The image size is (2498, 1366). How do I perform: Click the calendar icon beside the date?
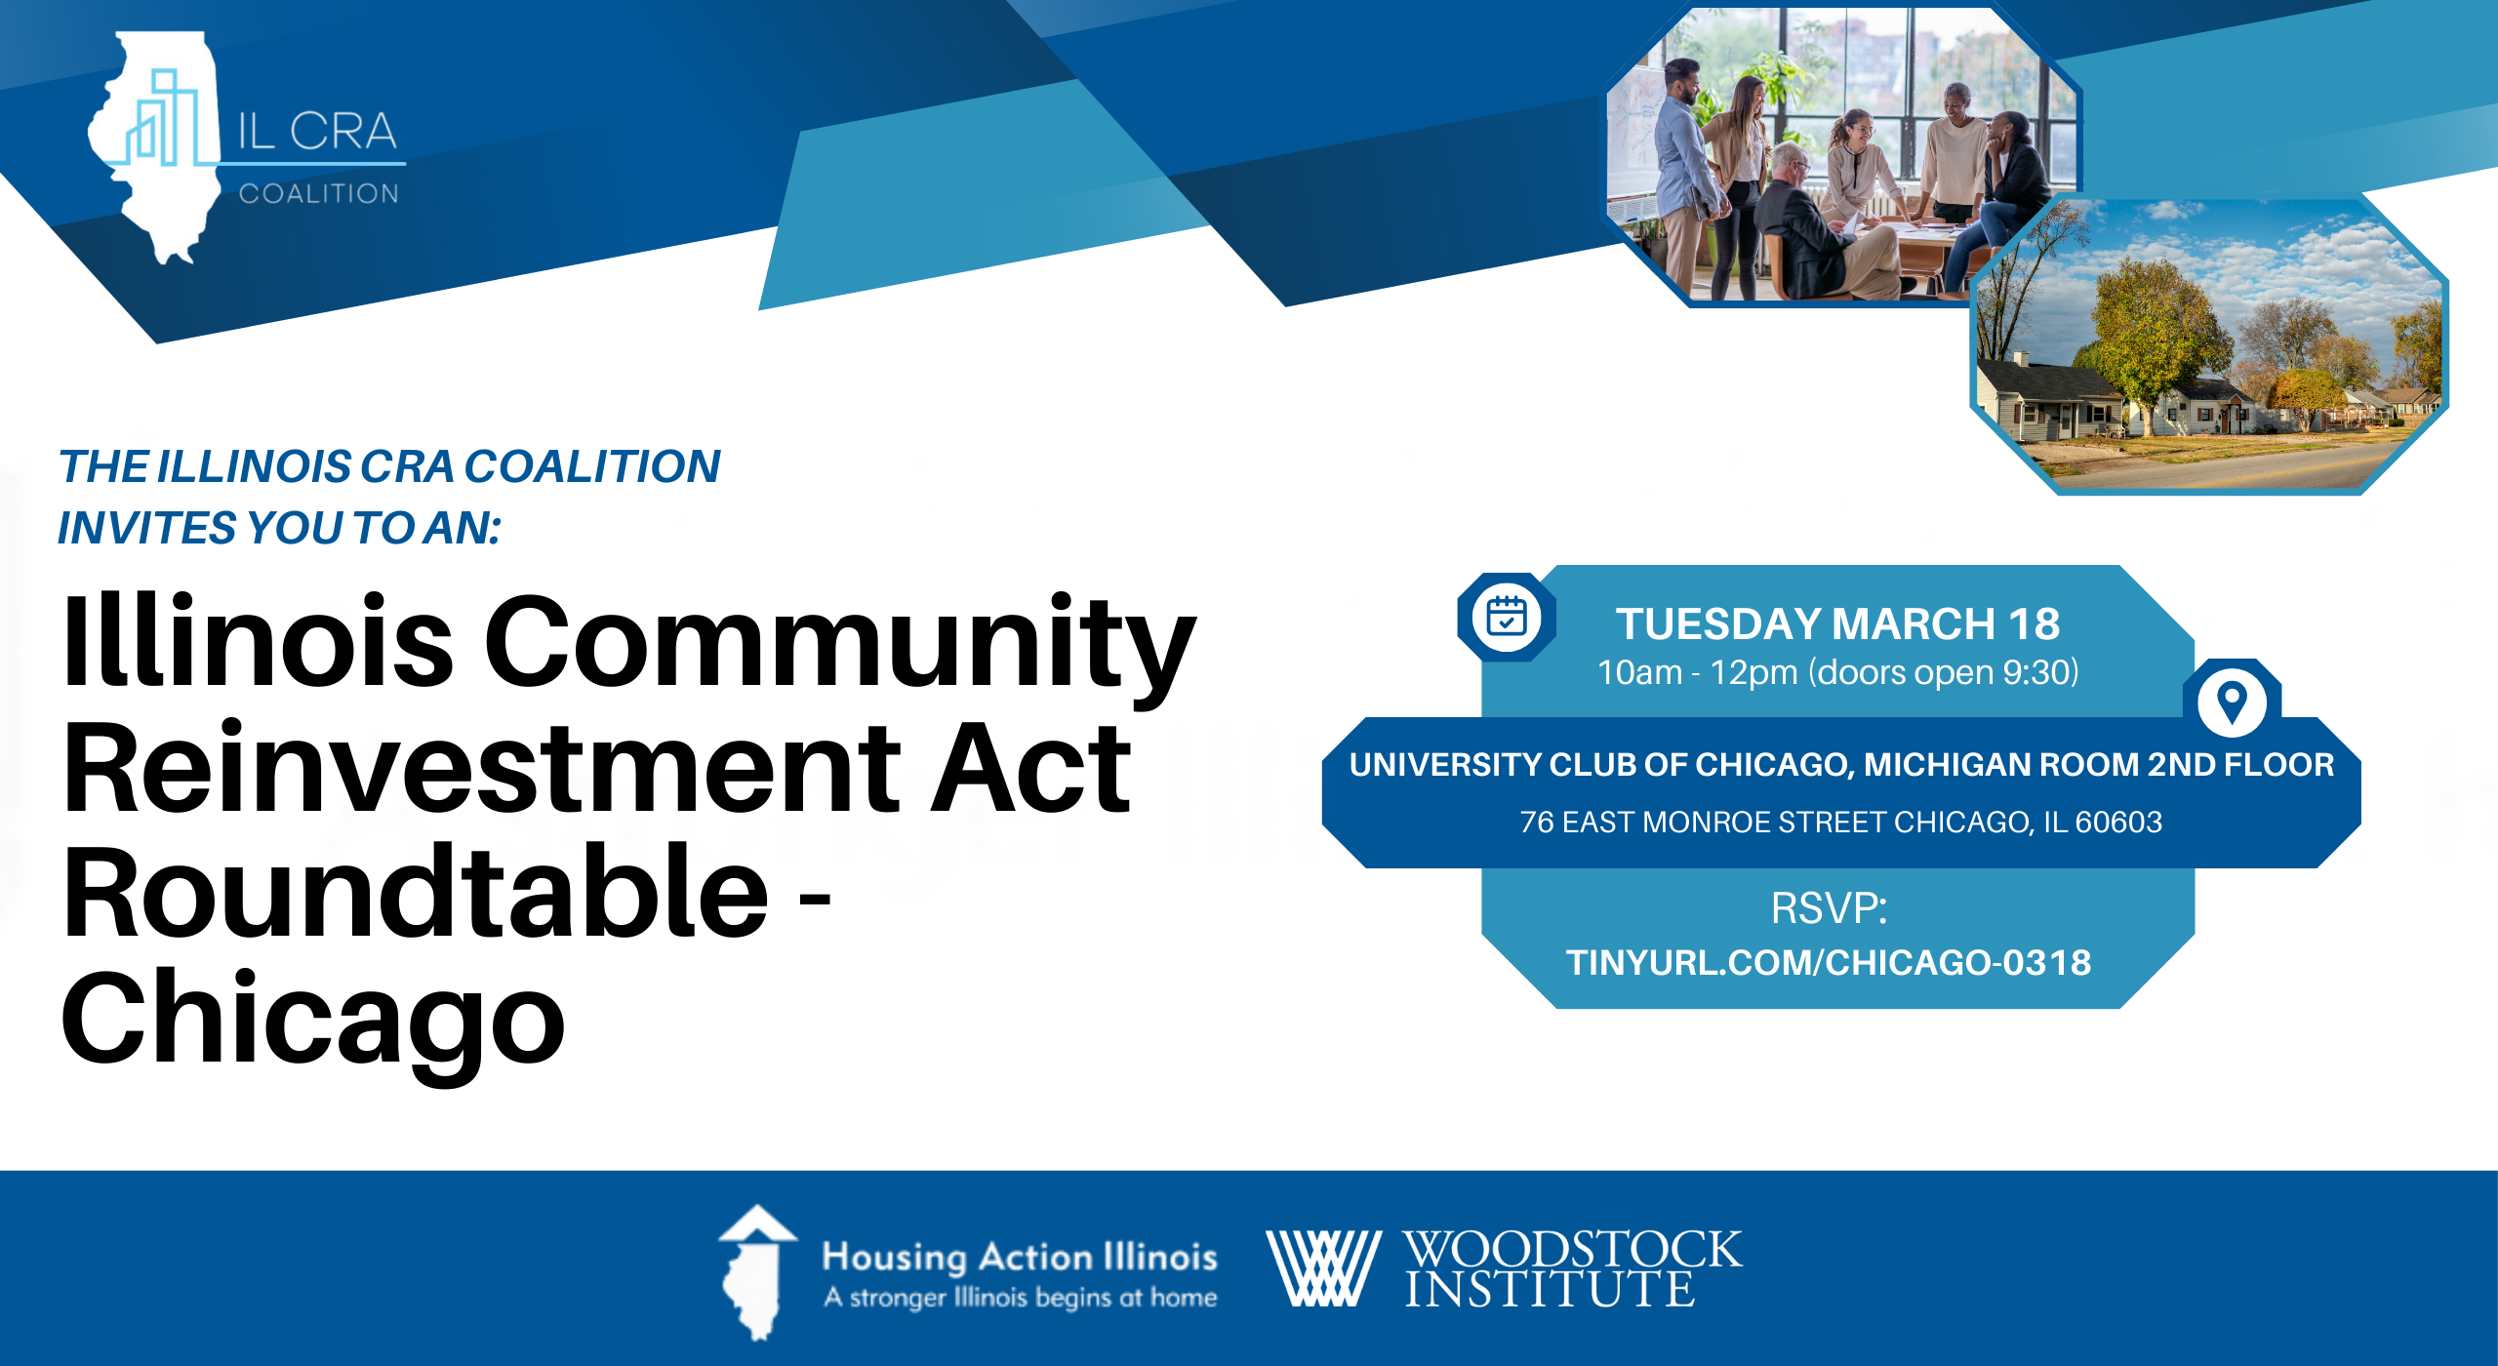[1507, 617]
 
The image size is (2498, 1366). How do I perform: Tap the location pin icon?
[2232, 703]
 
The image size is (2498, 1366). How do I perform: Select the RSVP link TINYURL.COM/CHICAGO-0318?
[1829, 963]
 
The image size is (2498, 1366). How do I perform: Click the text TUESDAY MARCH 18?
[1837, 624]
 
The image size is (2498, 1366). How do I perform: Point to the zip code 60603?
[2118, 823]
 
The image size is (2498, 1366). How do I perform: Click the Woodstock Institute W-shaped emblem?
[1322, 1267]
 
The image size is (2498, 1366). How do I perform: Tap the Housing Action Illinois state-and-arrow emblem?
[756, 1272]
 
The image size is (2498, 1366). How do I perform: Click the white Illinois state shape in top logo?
[156, 146]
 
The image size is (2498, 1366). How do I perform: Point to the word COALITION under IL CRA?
[319, 193]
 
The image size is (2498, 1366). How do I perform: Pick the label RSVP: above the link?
[1830, 908]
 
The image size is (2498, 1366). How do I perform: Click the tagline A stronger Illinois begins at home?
[1021, 1298]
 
